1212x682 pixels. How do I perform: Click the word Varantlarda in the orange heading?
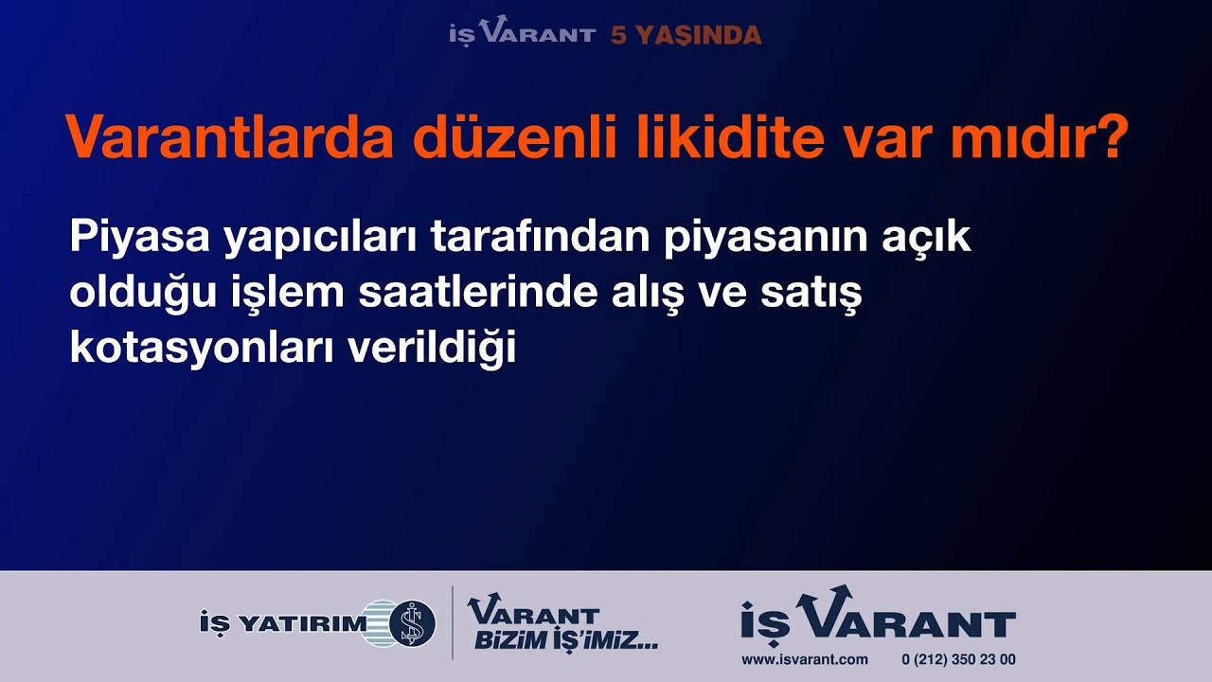click(x=229, y=136)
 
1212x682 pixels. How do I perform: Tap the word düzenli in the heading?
click(x=514, y=136)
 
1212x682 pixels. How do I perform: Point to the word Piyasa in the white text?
click(x=139, y=237)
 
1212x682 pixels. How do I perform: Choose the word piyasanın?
click(x=766, y=237)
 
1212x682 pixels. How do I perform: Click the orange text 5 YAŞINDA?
click(x=686, y=36)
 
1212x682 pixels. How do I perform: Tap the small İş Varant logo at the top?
click(x=522, y=31)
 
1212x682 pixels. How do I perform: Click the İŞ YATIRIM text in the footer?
click(x=283, y=623)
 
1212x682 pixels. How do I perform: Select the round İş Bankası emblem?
click(x=412, y=623)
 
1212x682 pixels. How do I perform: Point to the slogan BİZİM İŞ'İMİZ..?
click(x=566, y=641)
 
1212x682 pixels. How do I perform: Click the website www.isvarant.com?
click(x=805, y=660)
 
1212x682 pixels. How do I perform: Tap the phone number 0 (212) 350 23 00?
click(x=959, y=660)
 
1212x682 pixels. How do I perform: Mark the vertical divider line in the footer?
click(x=453, y=622)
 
